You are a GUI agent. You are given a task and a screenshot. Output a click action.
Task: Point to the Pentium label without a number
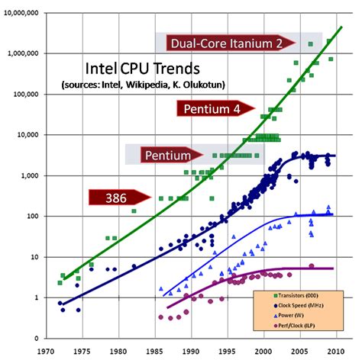168,156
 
